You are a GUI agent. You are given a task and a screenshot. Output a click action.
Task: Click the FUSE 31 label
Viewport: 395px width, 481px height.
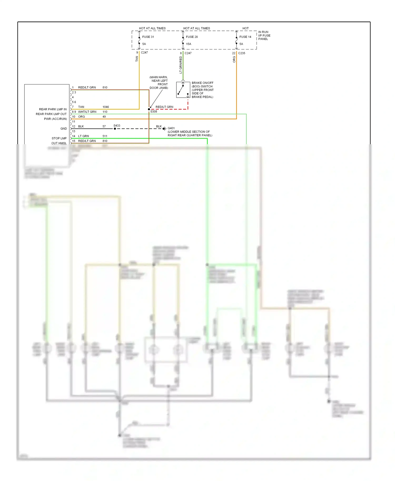click(x=148, y=37)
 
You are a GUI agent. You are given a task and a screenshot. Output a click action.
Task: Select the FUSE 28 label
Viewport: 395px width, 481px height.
click(x=192, y=37)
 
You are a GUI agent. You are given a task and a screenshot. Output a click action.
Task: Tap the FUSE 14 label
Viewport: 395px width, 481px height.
click(x=245, y=37)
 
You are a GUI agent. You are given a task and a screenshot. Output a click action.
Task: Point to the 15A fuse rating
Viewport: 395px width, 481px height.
click(x=189, y=44)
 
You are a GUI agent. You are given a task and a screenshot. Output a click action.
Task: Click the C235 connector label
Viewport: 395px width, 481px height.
click(x=241, y=53)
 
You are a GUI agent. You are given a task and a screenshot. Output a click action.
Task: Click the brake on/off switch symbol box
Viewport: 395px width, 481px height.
click(x=183, y=90)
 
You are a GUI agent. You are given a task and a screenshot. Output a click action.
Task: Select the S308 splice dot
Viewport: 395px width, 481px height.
click(x=149, y=109)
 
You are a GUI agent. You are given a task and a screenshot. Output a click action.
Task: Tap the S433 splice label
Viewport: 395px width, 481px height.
click(x=117, y=126)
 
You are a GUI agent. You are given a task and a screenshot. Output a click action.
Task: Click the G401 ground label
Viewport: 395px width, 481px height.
click(x=171, y=128)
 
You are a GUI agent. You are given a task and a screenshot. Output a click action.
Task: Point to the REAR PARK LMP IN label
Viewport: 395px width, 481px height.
click(x=53, y=109)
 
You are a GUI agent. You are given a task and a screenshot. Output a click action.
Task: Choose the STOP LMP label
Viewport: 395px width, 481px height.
click(x=59, y=138)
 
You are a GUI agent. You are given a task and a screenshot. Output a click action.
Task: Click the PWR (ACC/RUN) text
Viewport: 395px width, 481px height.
click(x=55, y=119)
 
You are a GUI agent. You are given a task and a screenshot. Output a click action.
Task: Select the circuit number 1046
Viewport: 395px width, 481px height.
click(x=106, y=107)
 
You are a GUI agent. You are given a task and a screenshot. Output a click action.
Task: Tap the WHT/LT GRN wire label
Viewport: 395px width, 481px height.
click(x=87, y=112)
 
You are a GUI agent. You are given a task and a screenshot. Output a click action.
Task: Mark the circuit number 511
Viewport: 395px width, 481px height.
click(x=105, y=136)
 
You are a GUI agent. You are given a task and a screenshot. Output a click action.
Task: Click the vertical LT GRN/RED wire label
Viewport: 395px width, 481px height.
click(x=181, y=65)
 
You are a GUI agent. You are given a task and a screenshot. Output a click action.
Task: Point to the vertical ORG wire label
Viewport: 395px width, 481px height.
click(x=234, y=59)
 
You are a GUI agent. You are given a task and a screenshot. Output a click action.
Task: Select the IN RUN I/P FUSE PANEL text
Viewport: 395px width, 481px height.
click(x=264, y=36)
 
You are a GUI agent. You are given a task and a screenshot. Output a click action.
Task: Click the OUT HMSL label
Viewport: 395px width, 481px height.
click(x=59, y=143)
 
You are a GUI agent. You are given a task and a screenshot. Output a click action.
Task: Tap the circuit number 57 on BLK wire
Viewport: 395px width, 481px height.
click(x=104, y=126)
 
